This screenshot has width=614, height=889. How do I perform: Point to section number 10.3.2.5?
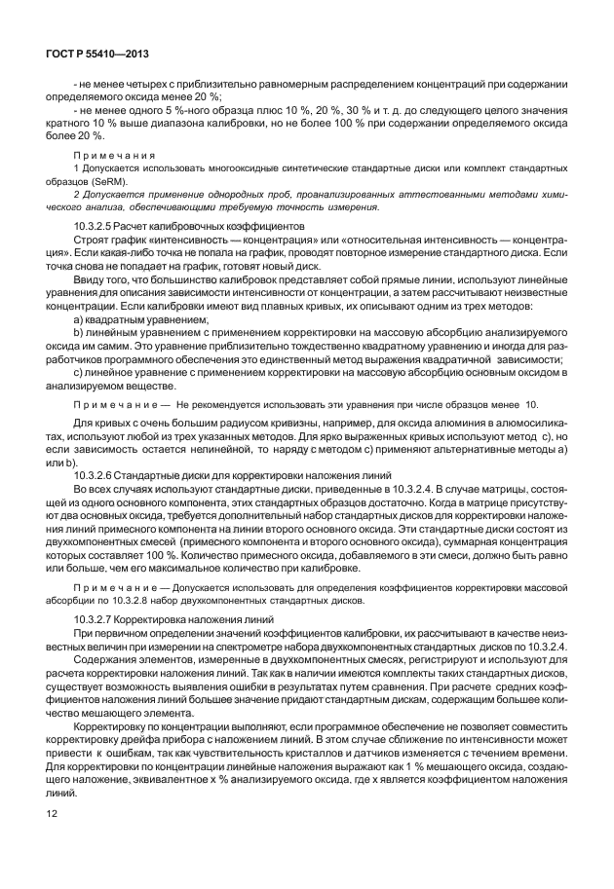(x=98, y=227)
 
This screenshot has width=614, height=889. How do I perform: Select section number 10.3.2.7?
(x=98, y=619)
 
